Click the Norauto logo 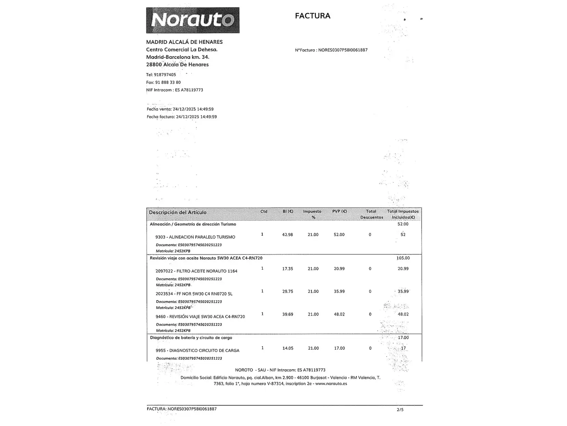pyautogui.click(x=193, y=20)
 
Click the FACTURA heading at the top pyautogui.click(x=313, y=16)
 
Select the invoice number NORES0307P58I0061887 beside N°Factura pyautogui.click(x=343, y=50)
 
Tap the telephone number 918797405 pyautogui.click(x=165, y=75)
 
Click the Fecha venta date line pyautogui.click(x=180, y=109)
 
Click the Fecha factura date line pyautogui.click(x=182, y=117)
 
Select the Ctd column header pyautogui.click(x=264, y=211)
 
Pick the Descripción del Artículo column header pyautogui.click(x=178, y=212)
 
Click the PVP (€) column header pyautogui.click(x=339, y=211)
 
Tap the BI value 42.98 pyautogui.click(x=287, y=235)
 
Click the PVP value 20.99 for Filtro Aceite pyautogui.click(x=339, y=269)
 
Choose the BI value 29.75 pyautogui.click(x=287, y=291)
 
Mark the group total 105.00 pyautogui.click(x=403, y=258)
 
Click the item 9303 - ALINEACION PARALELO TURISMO pyautogui.click(x=195, y=237)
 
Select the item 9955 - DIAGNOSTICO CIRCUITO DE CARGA pyautogui.click(x=197, y=350)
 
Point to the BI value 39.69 pyautogui.click(x=287, y=314)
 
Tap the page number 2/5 pyautogui.click(x=400, y=409)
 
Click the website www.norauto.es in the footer pyautogui.click(x=331, y=383)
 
